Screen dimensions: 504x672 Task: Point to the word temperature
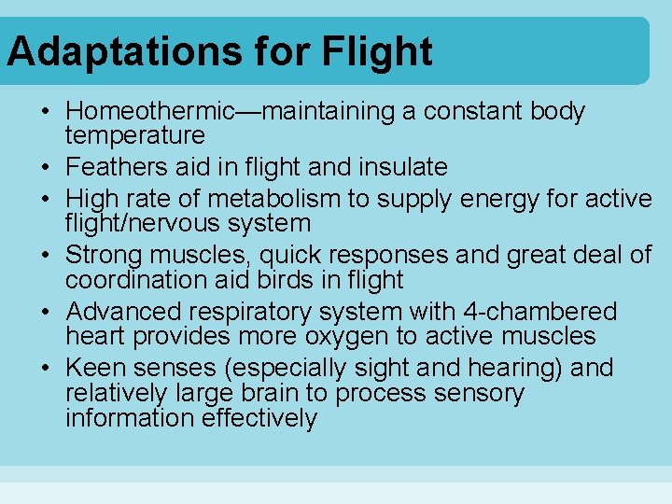[135, 136]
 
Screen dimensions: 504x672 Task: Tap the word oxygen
[358, 336]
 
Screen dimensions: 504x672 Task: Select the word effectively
[259, 418]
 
